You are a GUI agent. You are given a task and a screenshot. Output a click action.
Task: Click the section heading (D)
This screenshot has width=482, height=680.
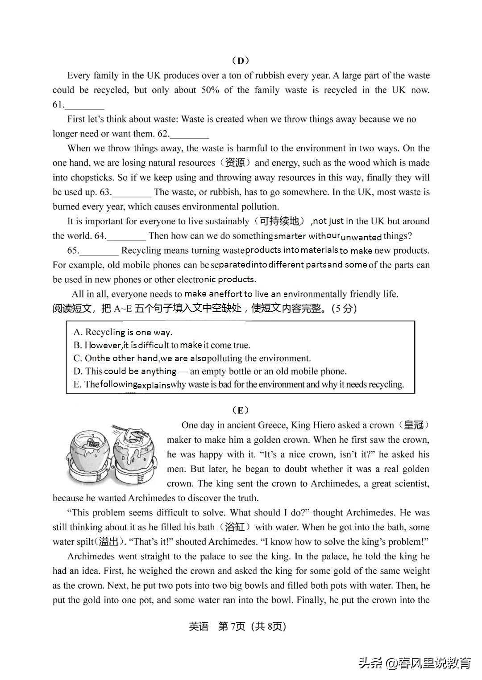241,61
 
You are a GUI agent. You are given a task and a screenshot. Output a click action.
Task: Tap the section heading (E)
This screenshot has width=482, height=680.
241,410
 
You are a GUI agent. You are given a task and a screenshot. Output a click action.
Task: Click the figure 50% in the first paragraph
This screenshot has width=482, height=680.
210,90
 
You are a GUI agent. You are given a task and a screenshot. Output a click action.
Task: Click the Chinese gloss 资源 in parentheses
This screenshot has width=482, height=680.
235,163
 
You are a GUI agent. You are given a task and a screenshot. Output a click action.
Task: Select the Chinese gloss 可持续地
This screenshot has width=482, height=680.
279,221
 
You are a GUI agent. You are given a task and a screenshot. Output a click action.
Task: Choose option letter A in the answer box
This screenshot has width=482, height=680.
78,332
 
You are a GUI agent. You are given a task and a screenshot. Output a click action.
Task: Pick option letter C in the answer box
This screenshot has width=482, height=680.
78,359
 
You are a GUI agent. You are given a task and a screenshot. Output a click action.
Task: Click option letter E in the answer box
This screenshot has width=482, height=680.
77,385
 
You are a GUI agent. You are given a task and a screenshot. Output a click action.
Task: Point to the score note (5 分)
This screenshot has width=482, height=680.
344,309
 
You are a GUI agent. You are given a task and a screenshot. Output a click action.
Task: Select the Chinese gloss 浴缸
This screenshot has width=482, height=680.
235,527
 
